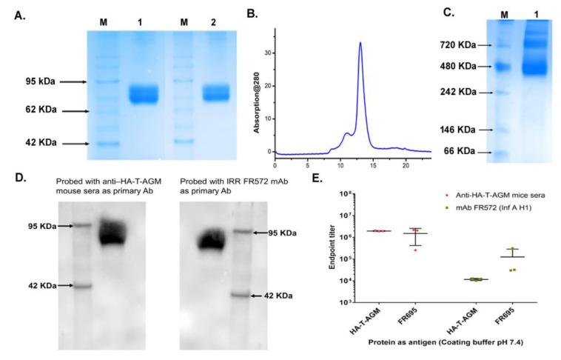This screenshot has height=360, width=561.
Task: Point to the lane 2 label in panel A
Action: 216,21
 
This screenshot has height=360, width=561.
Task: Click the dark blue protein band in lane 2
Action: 216,93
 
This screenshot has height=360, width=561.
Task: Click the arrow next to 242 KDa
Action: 473,93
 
